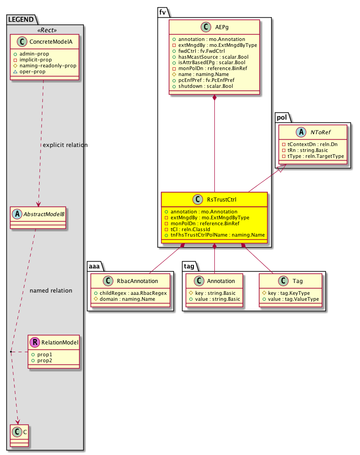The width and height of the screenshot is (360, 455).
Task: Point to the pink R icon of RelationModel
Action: point(35,343)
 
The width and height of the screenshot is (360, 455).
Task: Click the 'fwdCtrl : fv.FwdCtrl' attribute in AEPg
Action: point(202,51)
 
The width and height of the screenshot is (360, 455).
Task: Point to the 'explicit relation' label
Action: point(65,145)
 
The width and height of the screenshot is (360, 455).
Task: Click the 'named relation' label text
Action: point(51,290)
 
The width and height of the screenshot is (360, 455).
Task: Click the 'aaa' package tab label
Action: point(96,265)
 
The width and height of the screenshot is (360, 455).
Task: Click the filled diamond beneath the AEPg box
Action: point(214,98)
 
